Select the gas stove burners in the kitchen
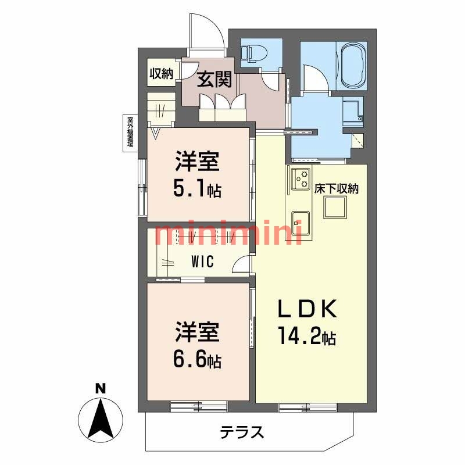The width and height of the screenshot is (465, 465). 302,178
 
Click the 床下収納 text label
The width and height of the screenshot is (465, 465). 336,188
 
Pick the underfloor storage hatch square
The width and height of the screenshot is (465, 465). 335,206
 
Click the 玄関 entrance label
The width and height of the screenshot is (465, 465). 213,80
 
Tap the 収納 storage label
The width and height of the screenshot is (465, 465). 162,74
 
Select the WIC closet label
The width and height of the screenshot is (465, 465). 202,262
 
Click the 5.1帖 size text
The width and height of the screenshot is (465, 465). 198,189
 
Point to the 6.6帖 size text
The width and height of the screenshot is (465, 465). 198,361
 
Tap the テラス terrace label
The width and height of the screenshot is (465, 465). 242,432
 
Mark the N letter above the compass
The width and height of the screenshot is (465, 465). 101,388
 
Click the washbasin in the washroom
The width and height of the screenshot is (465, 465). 352,110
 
